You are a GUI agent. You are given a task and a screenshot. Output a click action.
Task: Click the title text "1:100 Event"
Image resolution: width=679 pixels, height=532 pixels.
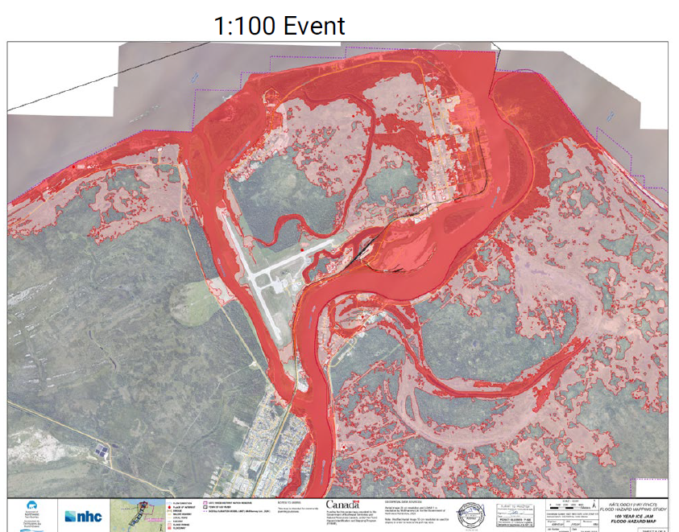click(279, 27)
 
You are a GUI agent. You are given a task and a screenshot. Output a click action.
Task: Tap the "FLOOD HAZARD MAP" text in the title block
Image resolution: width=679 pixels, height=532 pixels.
click(636, 521)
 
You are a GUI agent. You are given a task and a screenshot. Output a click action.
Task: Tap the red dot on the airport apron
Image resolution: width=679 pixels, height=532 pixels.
click(302, 251)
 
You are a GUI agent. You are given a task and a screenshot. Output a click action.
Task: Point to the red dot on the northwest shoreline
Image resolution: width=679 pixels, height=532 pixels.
click(74, 167)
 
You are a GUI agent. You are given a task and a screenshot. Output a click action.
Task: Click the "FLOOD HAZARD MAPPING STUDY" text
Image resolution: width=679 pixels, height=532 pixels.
click(636, 507)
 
